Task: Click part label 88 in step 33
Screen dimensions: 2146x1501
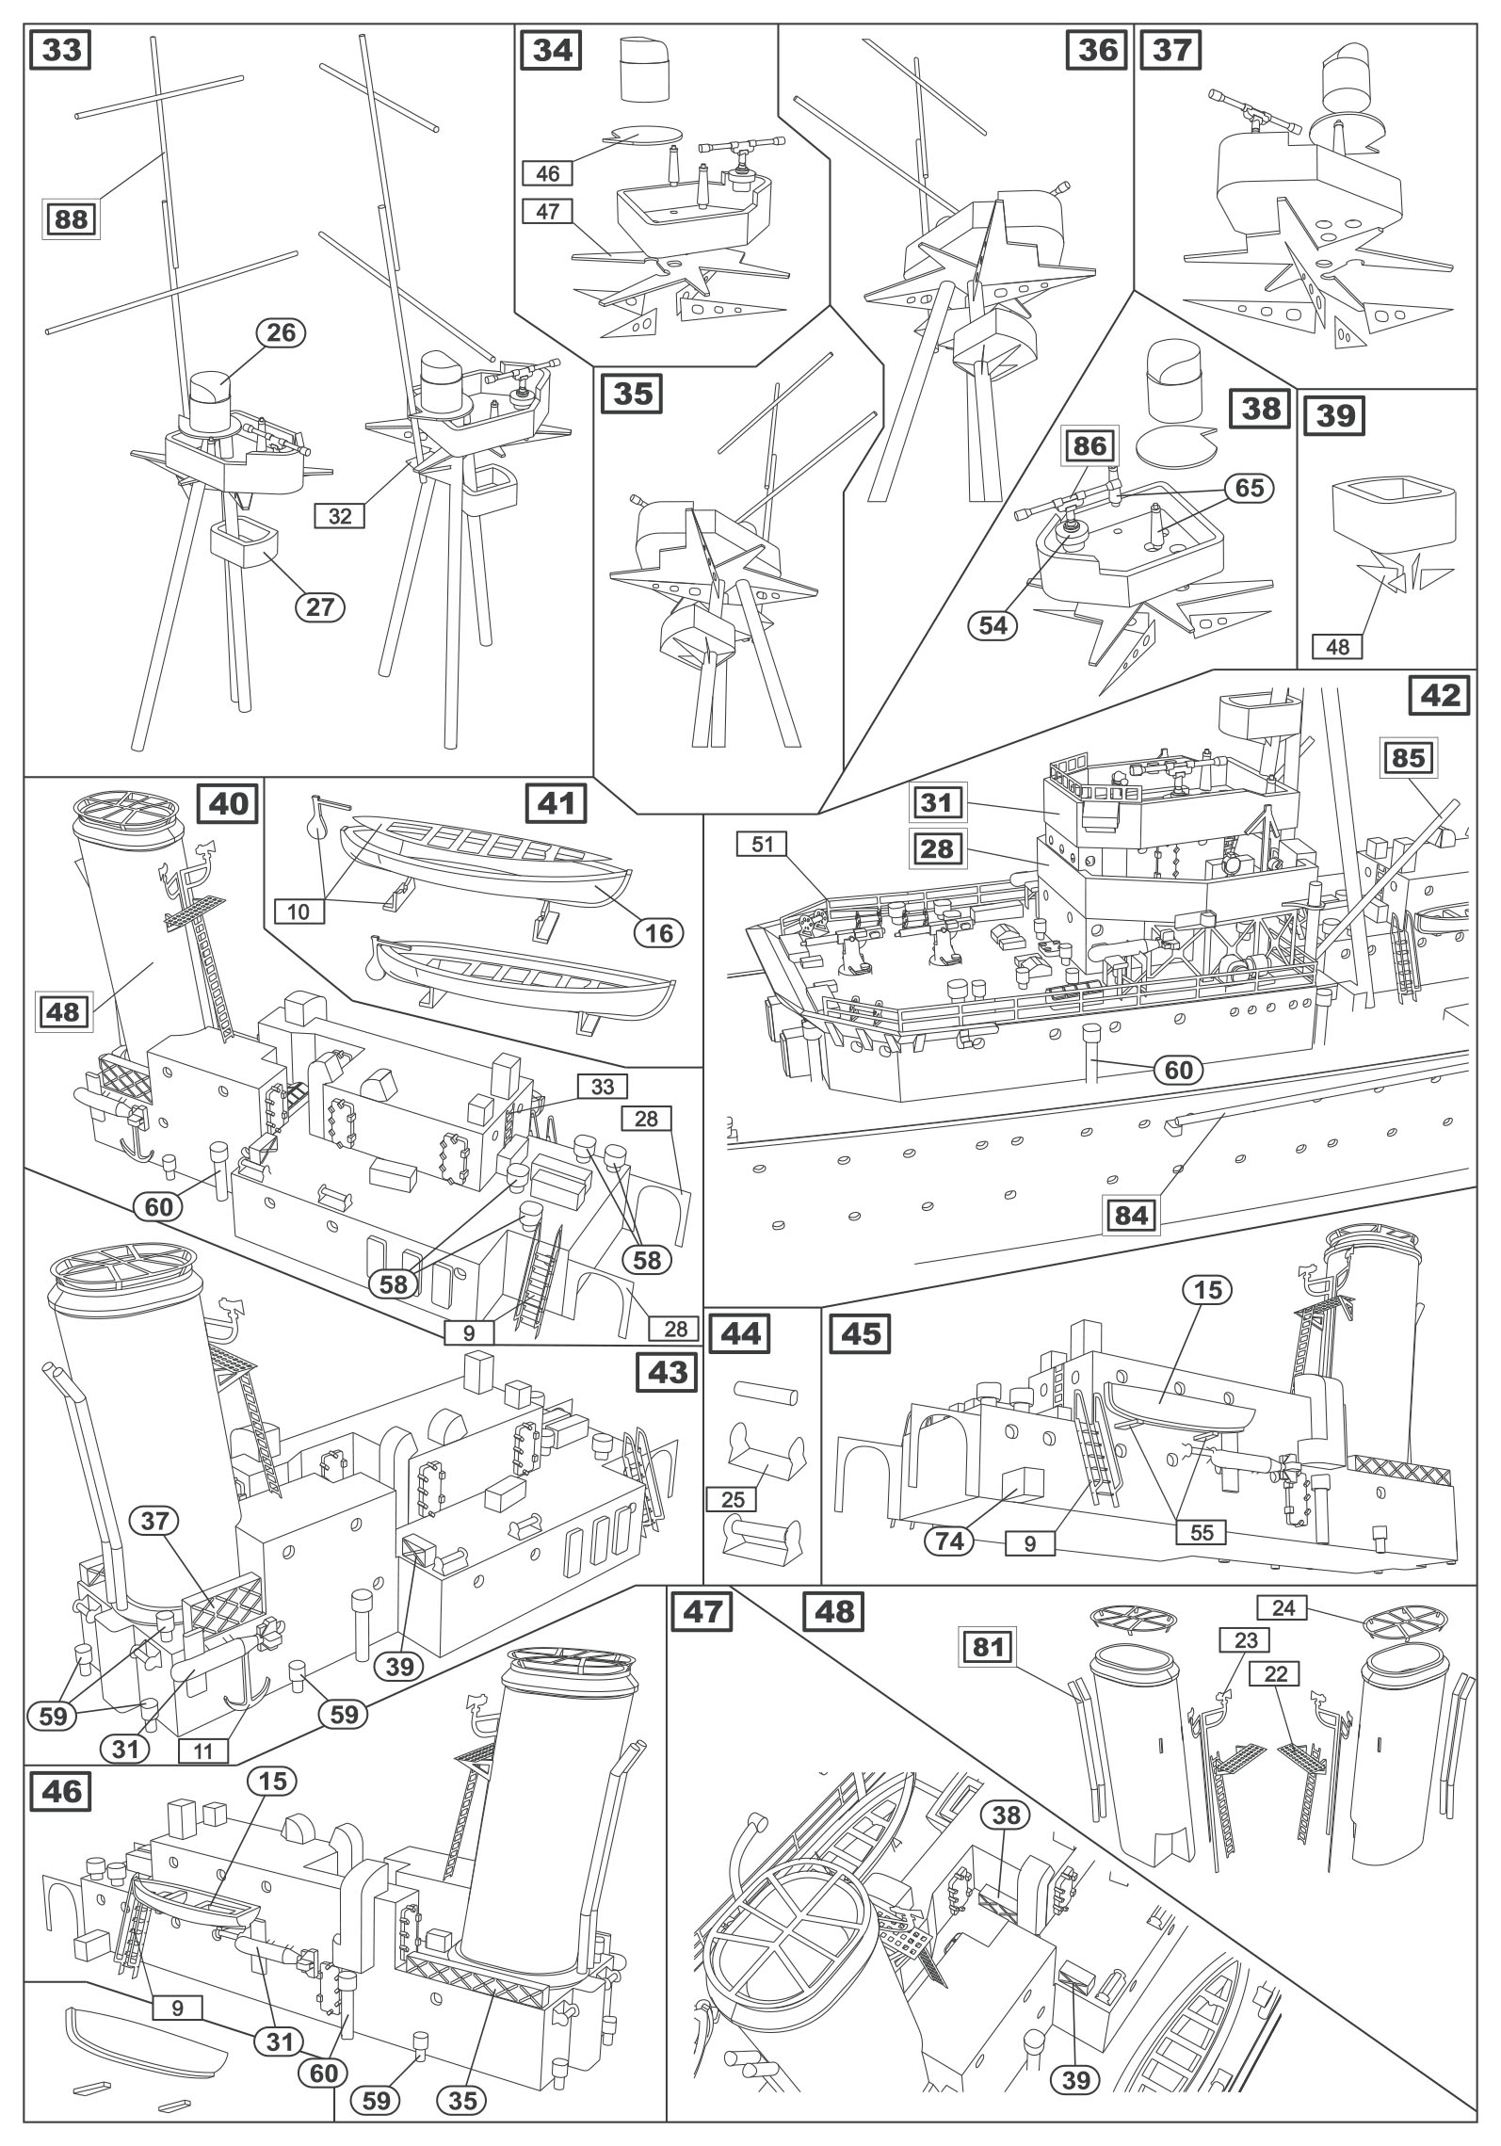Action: (71, 219)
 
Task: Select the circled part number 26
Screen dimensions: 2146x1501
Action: (281, 332)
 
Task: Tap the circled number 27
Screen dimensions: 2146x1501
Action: (320, 606)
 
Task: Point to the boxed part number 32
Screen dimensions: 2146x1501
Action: (340, 515)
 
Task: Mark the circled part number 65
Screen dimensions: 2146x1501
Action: (1249, 488)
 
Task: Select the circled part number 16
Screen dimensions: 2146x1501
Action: (658, 932)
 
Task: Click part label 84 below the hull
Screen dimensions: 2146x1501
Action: (1131, 1216)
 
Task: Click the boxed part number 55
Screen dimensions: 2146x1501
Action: (1202, 1532)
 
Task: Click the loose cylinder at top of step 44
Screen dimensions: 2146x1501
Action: (766, 1393)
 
